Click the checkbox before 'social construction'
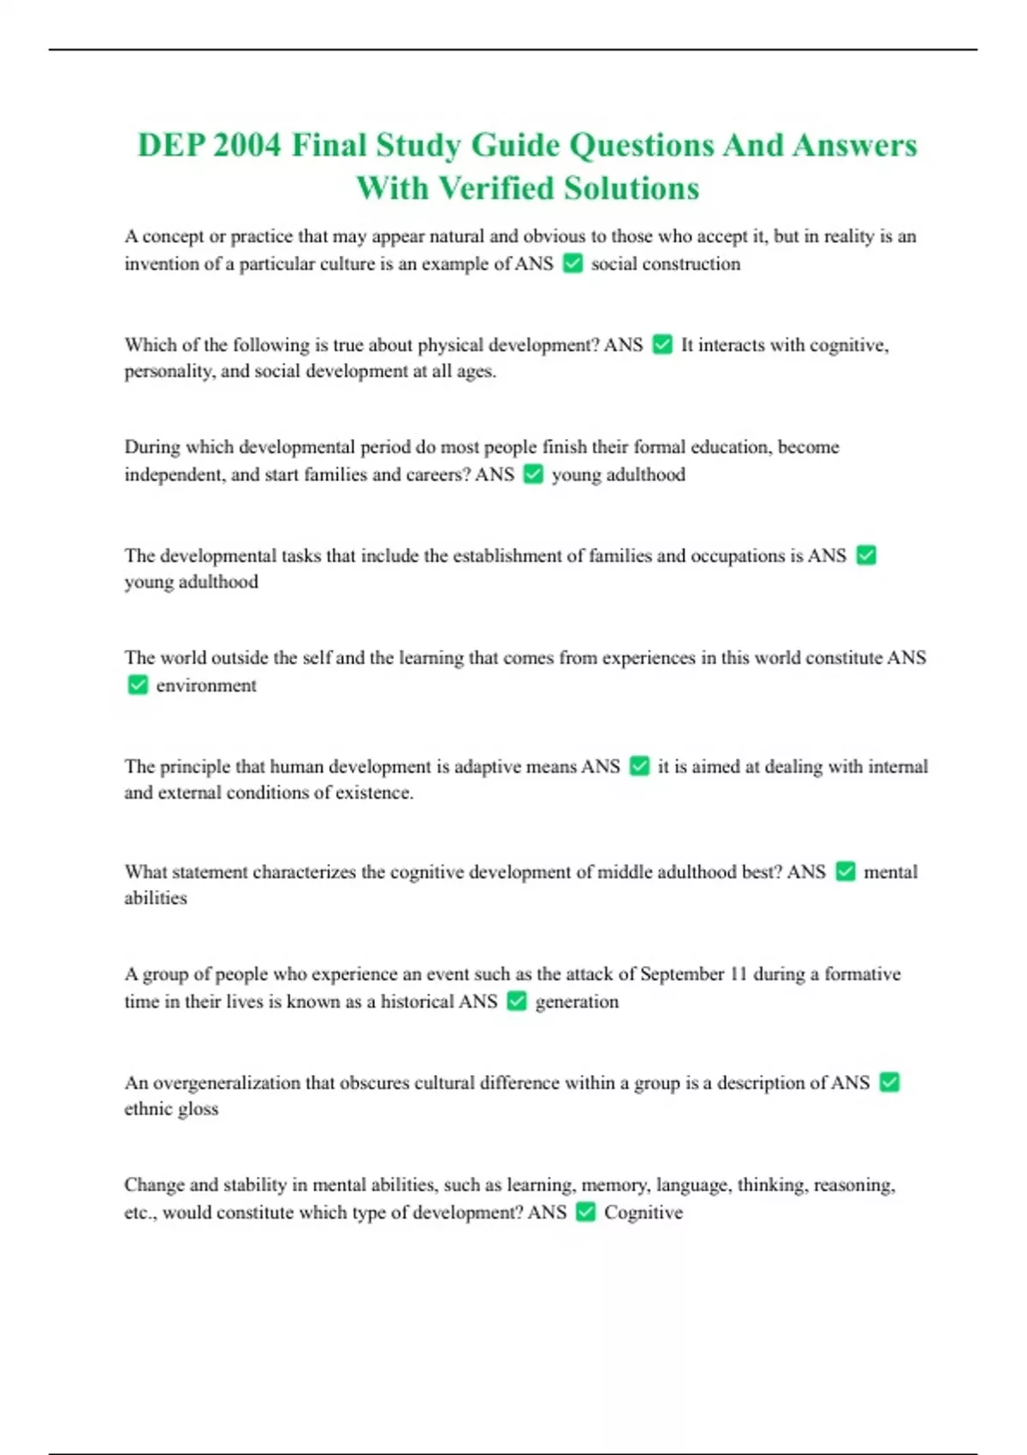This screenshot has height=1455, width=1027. (x=573, y=264)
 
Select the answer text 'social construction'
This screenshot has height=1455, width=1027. (x=665, y=264)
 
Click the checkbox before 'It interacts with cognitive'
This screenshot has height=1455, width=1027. (x=662, y=345)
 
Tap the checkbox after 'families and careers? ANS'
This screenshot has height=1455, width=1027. (x=533, y=474)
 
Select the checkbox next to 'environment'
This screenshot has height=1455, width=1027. (x=138, y=686)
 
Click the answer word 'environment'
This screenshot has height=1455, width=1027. (x=206, y=686)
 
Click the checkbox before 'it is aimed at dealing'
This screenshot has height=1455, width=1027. (x=639, y=767)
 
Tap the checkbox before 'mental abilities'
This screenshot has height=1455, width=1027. (x=846, y=872)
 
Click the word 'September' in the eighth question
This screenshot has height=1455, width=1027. (x=682, y=974)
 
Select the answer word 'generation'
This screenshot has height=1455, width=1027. (x=577, y=1001)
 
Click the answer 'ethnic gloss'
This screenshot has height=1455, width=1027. (x=171, y=1109)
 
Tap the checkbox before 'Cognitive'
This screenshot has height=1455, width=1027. (x=585, y=1212)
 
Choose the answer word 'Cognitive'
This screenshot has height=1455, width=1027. (x=644, y=1213)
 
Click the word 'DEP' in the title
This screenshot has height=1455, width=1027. (x=167, y=145)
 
